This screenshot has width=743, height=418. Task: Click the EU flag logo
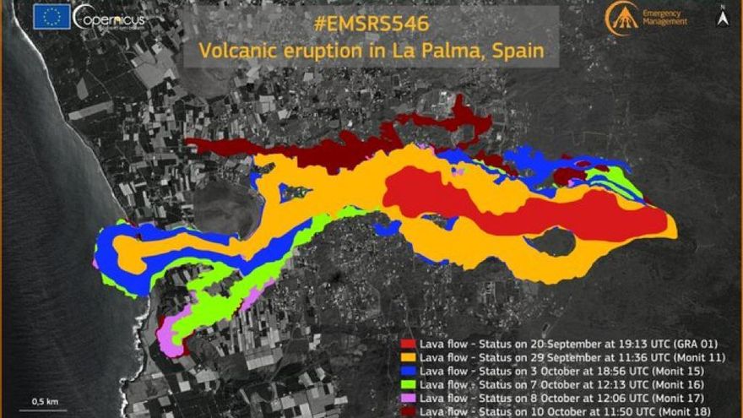[53, 16]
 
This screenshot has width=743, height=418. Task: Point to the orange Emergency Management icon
[621, 18]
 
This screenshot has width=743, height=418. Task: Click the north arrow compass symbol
[723, 16]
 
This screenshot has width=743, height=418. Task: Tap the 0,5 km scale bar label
[45, 400]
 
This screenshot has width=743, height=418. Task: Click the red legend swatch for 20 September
[408, 345]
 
